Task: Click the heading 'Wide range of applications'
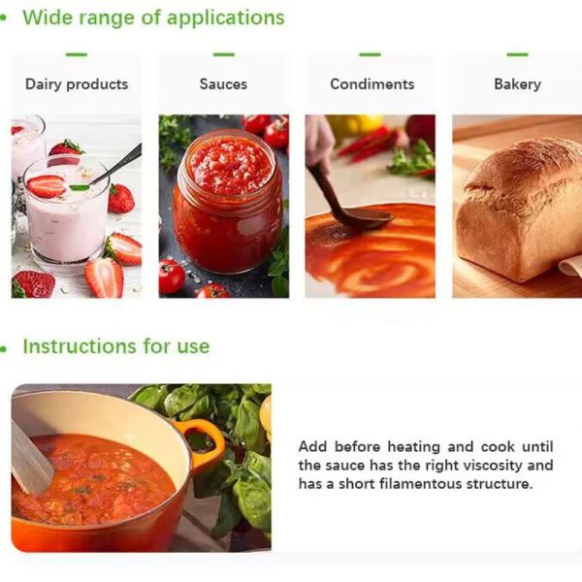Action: pos(153,17)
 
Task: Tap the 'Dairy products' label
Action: pos(77,84)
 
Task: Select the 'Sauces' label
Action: pos(223,84)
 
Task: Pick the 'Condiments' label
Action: pos(372,84)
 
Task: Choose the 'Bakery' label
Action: pos(517,84)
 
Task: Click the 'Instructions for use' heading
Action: pos(115,346)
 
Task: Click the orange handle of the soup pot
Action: pos(208,441)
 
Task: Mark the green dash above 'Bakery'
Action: pos(517,54)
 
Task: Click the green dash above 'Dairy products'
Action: pos(77,54)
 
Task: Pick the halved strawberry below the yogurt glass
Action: pos(104,277)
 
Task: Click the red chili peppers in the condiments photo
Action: pos(369,144)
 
